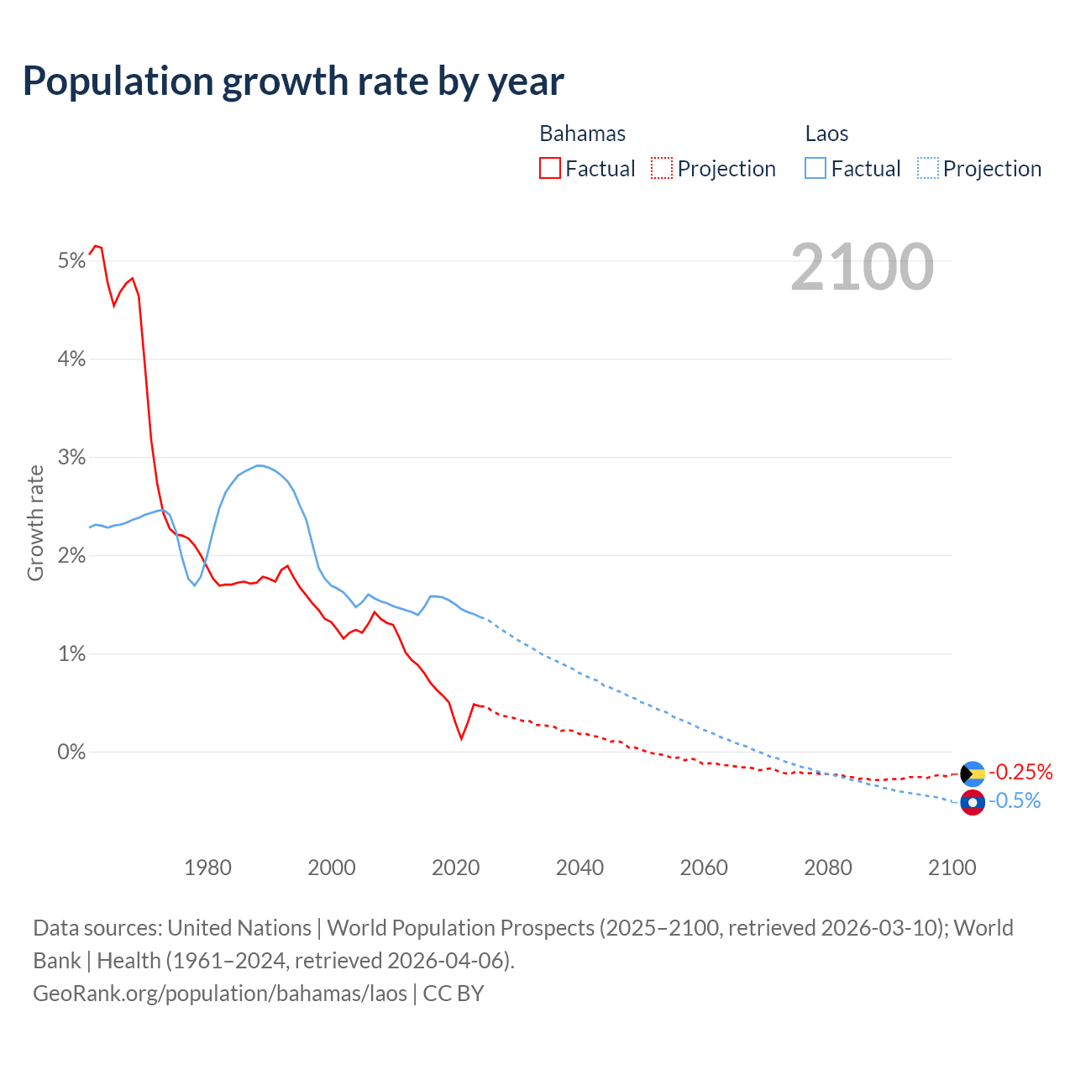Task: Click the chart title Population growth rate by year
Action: point(293,81)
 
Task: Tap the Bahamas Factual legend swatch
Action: point(550,168)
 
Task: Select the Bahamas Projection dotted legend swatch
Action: point(662,168)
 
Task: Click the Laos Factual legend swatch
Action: point(815,168)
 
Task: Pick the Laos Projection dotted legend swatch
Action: point(928,168)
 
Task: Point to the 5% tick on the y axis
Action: point(72,261)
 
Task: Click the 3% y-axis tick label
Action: point(72,458)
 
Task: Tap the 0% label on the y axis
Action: point(72,752)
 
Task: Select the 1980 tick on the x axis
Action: point(207,868)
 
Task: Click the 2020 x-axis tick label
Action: point(455,868)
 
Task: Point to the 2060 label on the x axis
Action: point(704,868)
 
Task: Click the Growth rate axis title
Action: point(35,522)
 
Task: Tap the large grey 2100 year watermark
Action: point(862,267)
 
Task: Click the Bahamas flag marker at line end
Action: point(973,773)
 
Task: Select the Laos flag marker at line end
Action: point(973,803)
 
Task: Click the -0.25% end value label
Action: point(1020,772)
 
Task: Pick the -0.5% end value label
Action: point(1015,801)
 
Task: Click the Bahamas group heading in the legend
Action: point(582,134)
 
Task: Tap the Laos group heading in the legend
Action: point(826,134)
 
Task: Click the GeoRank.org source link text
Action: point(220,994)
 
